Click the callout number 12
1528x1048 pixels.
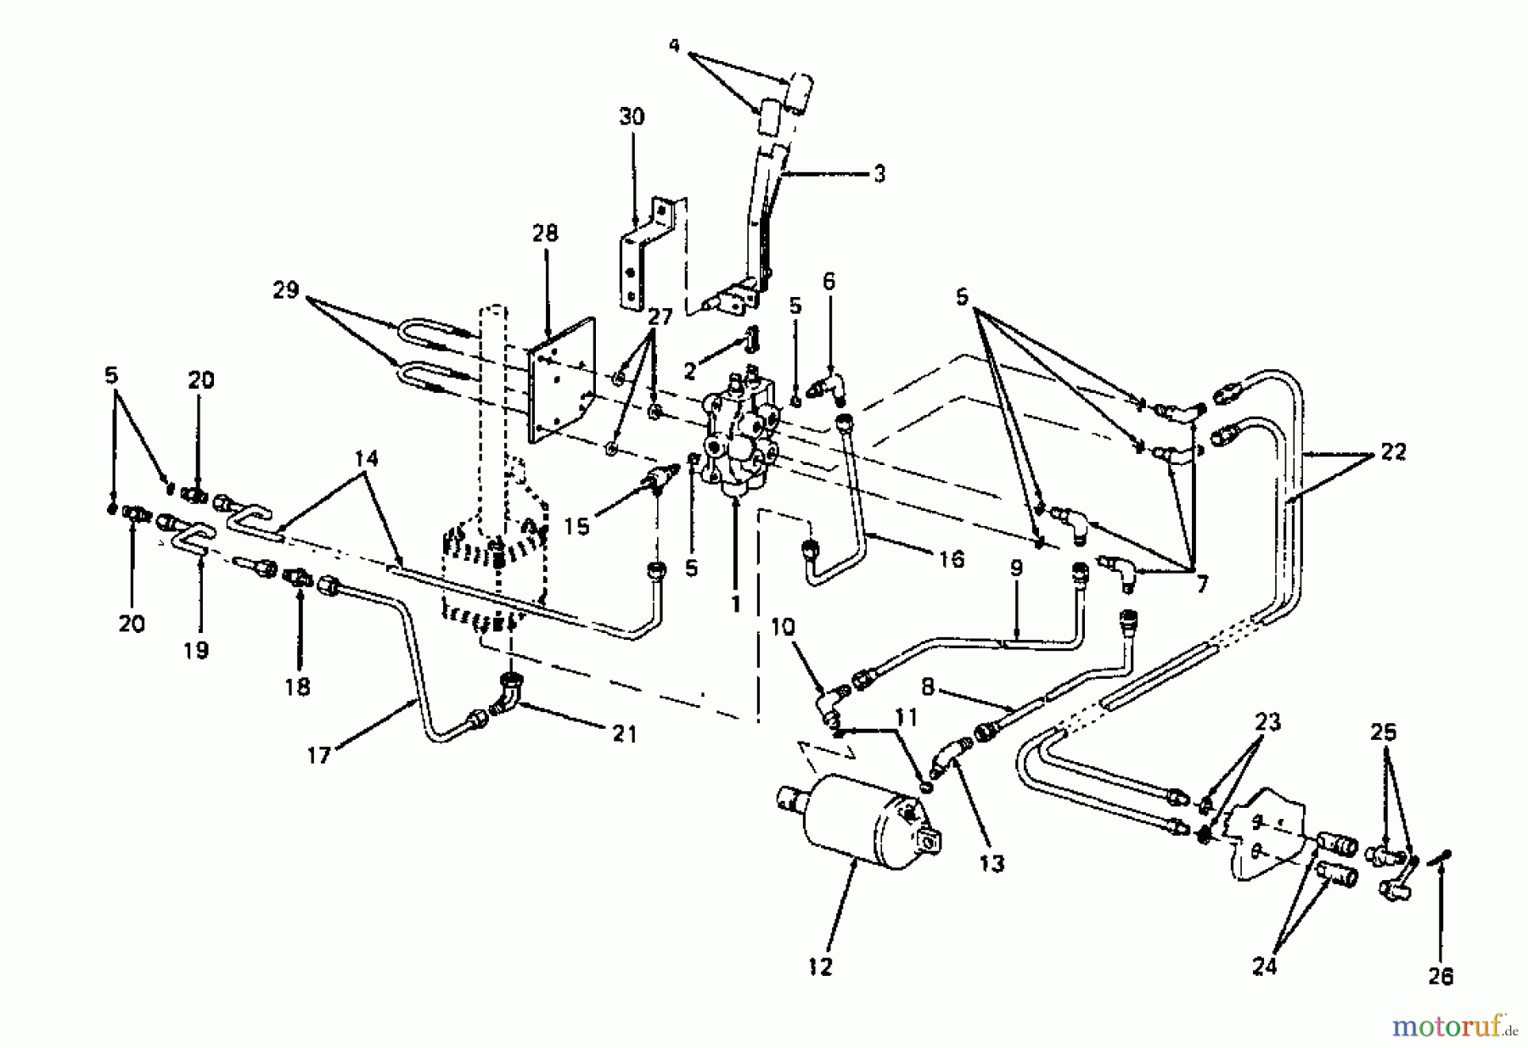click(821, 966)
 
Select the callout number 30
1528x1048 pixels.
click(632, 116)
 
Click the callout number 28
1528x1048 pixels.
click(545, 233)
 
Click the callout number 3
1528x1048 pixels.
click(879, 173)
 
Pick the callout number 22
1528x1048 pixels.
click(1392, 452)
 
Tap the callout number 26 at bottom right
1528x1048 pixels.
click(1440, 977)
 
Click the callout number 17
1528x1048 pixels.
click(318, 754)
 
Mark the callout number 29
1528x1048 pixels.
click(285, 290)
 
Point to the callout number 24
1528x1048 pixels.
click(1265, 966)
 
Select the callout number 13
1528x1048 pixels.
click(991, 864)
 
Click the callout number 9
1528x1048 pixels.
click(1016, 569)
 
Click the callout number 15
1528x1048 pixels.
click(576, 526)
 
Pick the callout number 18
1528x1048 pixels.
click(297, 686)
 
